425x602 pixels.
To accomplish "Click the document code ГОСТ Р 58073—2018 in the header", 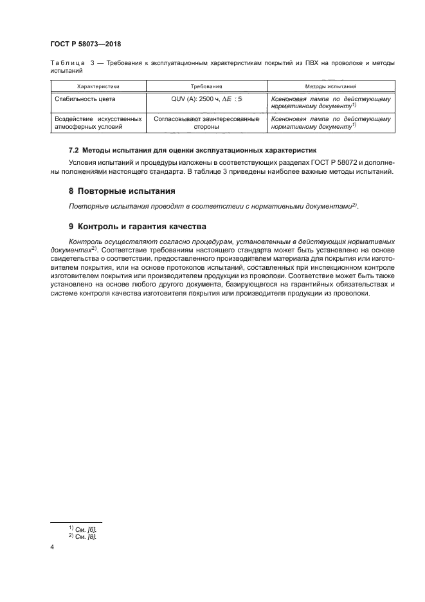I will (x=86, y=44).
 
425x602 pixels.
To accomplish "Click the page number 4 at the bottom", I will (x=52, y=547).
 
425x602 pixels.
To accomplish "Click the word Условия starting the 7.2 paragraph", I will (x=84, y=162).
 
